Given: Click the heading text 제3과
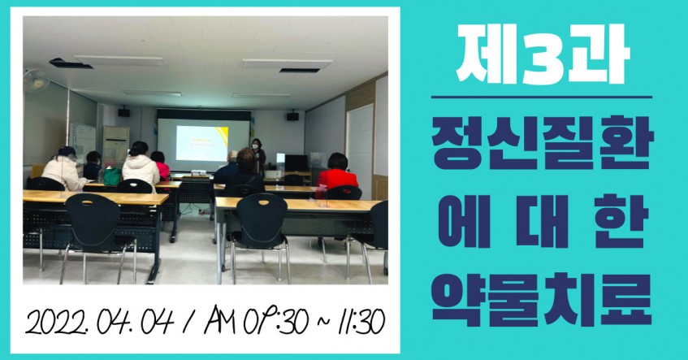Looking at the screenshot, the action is tap(543, 54).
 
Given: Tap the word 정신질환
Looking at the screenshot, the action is tap(543, 145).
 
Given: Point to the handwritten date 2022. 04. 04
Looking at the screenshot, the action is tap(100, 322).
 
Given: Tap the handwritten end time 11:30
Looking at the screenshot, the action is tap(362, 322).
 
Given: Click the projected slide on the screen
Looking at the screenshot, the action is tap(201, 143).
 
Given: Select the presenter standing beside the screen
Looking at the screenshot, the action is tap(258, 156).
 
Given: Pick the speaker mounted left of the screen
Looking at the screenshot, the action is tap(123, 112).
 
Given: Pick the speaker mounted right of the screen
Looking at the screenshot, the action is tap(292, 116).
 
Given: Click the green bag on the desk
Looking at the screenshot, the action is tap(112, 176).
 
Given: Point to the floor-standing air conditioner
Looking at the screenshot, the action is tap(115, 146).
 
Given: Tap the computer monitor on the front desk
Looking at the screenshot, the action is tap(296, 163).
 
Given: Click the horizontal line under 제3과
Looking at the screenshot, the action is tap(542, 97).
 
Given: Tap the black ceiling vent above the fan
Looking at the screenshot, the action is tap(71, 63).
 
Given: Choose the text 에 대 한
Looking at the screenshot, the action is tap(543, 221).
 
